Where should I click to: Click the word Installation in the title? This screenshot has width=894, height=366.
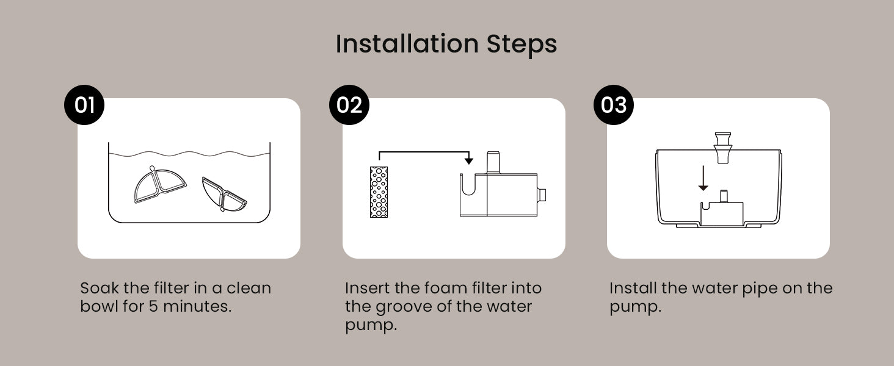click(407, 43)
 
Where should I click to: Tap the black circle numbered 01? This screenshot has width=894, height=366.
click(84, 105)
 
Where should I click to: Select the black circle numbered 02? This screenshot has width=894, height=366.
click(349, 105)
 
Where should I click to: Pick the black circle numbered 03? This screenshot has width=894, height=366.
click(614, 105)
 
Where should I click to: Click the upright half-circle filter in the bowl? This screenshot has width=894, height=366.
click(159, 185)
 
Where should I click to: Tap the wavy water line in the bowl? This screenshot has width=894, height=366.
click(189, 154)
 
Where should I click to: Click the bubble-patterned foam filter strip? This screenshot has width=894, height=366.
click(379, 192)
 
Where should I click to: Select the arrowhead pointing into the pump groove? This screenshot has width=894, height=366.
click(469, 160)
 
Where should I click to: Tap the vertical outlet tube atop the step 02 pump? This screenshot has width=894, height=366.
click(493, 162)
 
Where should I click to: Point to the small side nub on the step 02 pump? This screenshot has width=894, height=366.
click(542, 195)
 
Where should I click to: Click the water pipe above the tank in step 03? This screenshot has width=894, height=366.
click(723, 148)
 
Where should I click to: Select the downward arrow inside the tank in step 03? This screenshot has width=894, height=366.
click(703, 178)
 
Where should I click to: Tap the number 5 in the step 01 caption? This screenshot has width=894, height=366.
click(154, 307)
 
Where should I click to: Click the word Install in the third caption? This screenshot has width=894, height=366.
click(633, 288)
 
